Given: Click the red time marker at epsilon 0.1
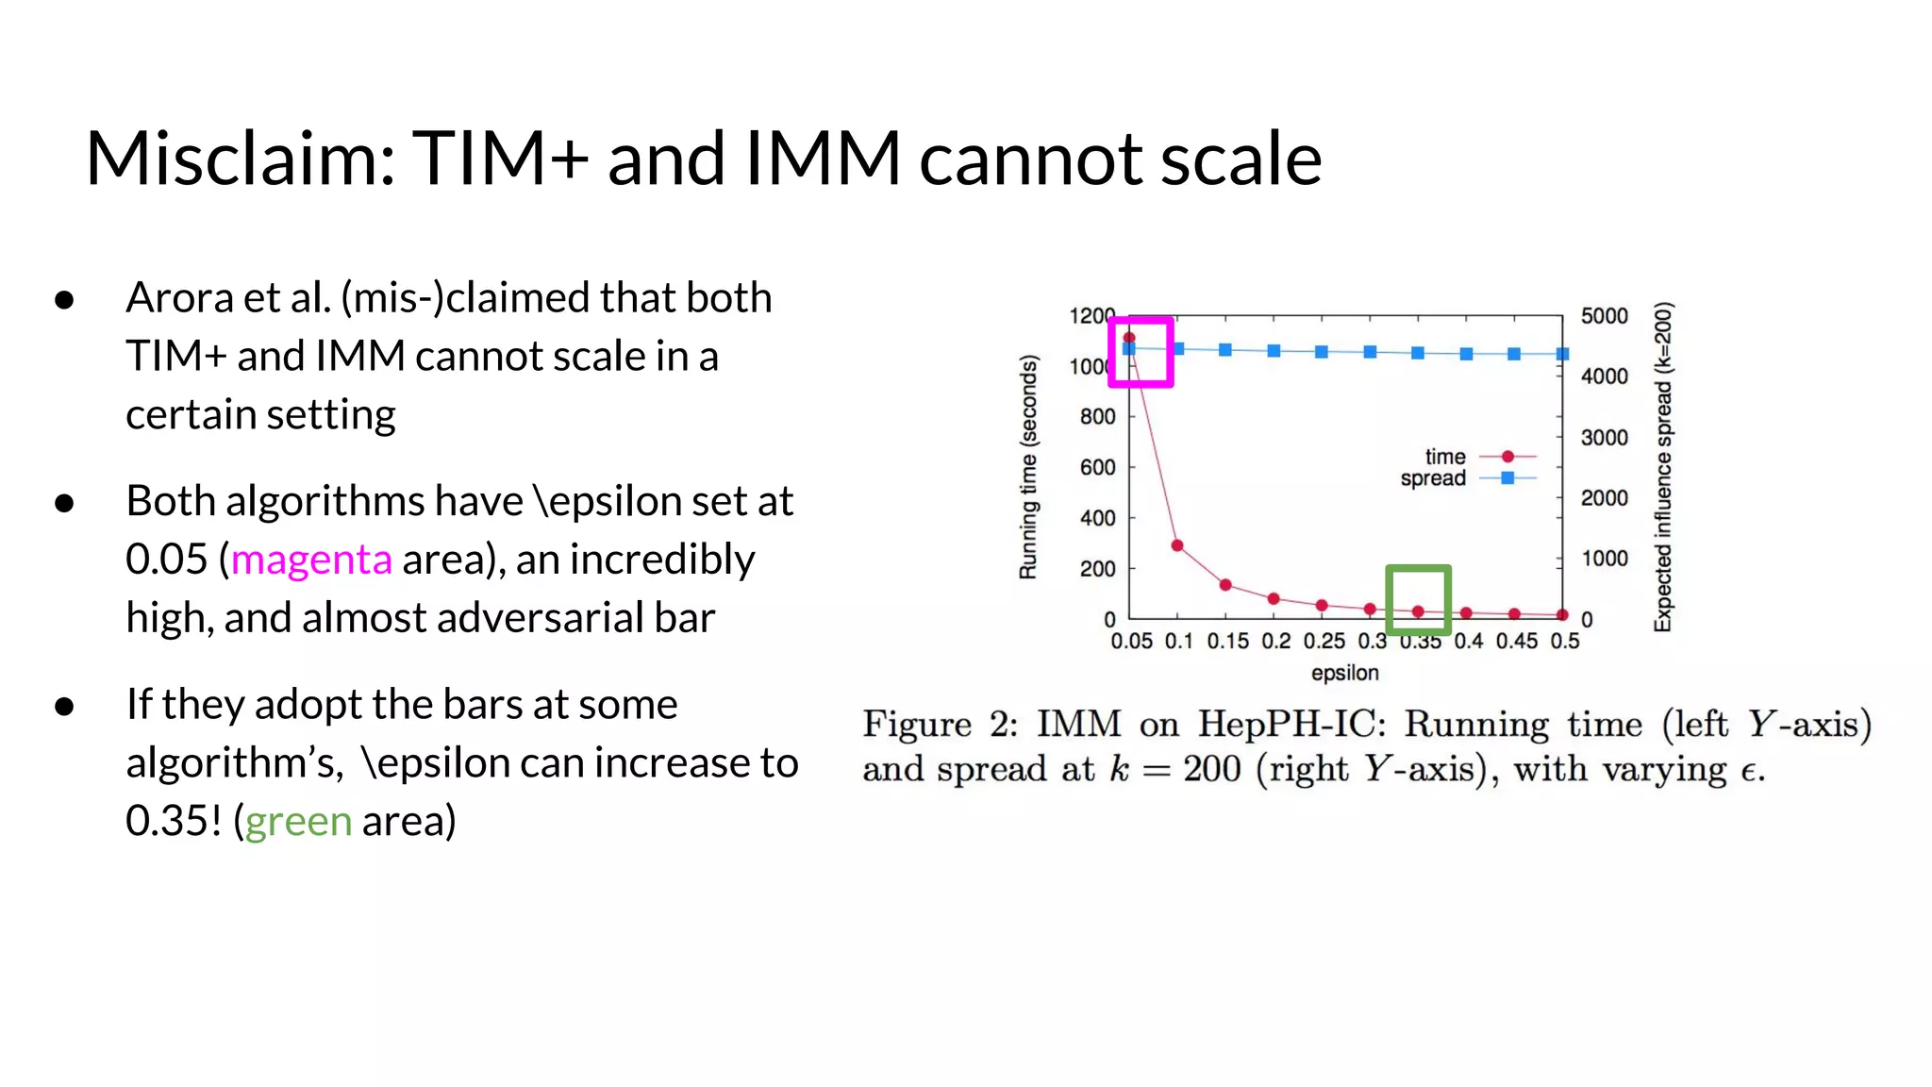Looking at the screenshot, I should pos(1177,545).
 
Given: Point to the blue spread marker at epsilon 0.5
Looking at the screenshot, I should pos(1562,354).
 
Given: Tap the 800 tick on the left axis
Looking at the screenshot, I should pos(1097,417).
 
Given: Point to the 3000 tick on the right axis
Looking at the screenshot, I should pos(1604,438).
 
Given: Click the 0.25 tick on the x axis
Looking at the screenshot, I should pos(1324,642).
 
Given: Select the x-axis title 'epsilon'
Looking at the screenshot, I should pos(1344,673).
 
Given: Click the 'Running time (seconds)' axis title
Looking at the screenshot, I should pos(1028,467).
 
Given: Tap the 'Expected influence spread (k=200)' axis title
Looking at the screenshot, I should pos(1662,467).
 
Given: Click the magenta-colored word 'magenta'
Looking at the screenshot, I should pos(311,560).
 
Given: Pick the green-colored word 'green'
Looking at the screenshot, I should pos(298,821).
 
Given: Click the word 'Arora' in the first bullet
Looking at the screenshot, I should pos(179,298).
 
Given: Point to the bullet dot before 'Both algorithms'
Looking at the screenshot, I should pos(64,503).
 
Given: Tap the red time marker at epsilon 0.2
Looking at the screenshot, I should pos(1274,599).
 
